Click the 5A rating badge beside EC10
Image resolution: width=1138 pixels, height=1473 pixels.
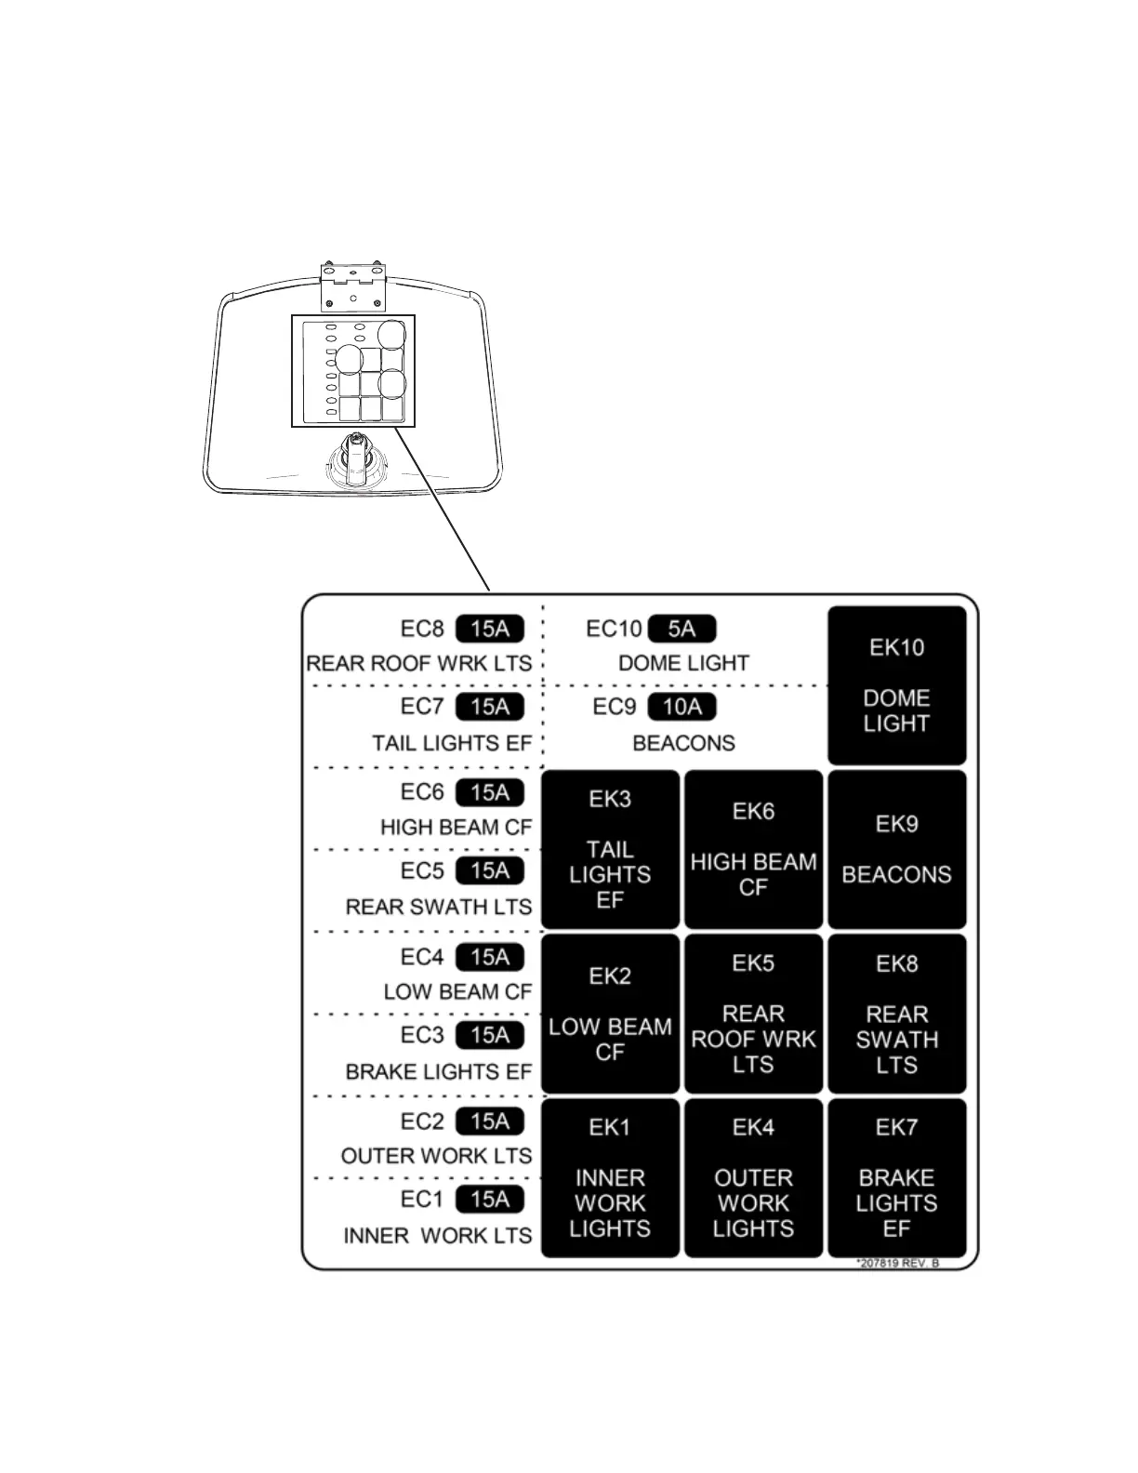pos(681,629)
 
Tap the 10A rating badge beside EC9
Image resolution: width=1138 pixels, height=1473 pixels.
pos(681,707)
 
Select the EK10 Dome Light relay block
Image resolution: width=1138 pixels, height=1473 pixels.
pos(896,685)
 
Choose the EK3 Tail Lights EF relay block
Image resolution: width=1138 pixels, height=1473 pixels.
pos(610,849)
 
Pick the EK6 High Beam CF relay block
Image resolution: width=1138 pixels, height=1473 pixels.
pos(753,849)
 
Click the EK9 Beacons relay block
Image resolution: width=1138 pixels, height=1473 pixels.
pos(896,849)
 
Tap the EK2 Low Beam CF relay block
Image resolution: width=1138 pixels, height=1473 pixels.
pos(610,1014)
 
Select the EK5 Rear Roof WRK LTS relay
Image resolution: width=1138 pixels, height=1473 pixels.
pos(753,1014)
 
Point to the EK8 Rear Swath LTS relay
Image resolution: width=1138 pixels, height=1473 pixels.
pos(896,1014)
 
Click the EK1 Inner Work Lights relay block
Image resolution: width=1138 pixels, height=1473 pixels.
pos(610,1178)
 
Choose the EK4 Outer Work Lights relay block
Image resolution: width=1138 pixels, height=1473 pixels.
pos(753,1178)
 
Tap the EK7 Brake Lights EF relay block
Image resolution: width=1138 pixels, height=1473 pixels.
pos(896,1178)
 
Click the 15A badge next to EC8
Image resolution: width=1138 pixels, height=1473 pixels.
pos(490,629)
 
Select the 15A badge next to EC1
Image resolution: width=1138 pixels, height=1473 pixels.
pos(490,1200)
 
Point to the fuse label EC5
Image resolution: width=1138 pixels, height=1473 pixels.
pos(422,871)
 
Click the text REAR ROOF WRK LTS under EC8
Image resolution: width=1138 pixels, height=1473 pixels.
pos(419,664)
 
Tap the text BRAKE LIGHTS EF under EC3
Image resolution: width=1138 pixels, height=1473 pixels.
pos(438,1072)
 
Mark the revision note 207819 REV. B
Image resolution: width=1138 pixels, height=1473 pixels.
pos(897,1263)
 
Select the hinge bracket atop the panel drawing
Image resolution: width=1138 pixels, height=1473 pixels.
pos(352,286)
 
